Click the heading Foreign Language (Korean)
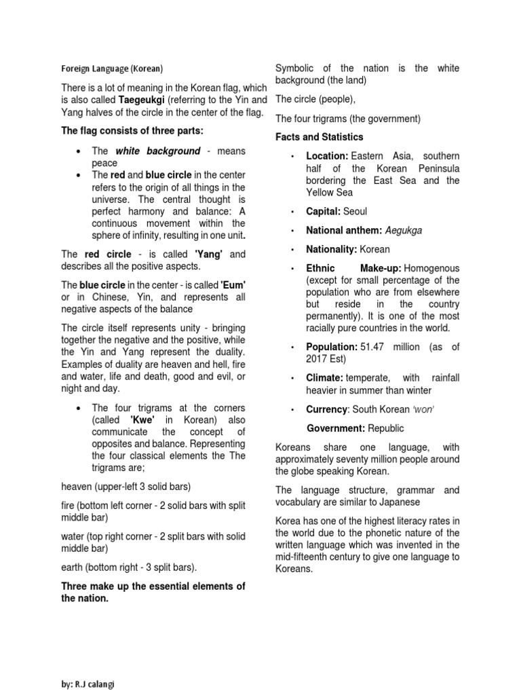tap(111, 69)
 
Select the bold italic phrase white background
tap(158, 151)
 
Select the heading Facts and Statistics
tap(320, 137)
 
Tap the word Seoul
tap(355, 211)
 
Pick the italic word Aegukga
tap(400, 230)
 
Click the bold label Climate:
tap(325, 377)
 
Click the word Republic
tap(387, 428)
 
